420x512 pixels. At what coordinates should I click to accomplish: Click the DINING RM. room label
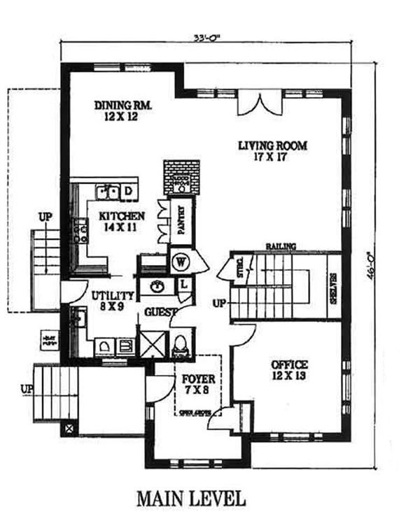click(123, 111)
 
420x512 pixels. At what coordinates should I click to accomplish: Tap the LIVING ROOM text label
click(272, 151)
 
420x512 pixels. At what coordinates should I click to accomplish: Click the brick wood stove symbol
click(181, 179)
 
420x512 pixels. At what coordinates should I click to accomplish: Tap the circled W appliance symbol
click(180, 264)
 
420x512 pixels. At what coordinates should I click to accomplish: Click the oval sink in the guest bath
click(157, 286)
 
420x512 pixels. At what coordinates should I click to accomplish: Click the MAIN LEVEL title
click(190, 499)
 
